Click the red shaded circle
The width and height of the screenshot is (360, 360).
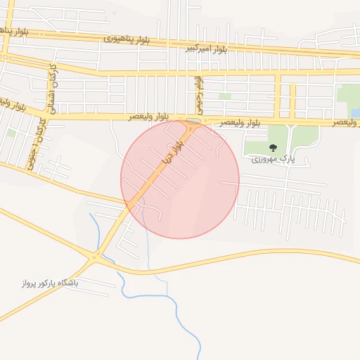(180, 179)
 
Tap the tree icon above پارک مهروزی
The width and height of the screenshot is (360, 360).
(273, 148)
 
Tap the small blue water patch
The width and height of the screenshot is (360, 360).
(355, 112)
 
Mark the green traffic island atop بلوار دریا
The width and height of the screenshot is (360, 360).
(192, 121)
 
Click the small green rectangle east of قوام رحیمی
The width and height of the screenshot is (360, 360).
(224, 96)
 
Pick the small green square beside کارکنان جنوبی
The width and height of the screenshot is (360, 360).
(11, 132)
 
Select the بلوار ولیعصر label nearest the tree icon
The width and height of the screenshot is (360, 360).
(239, 122)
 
